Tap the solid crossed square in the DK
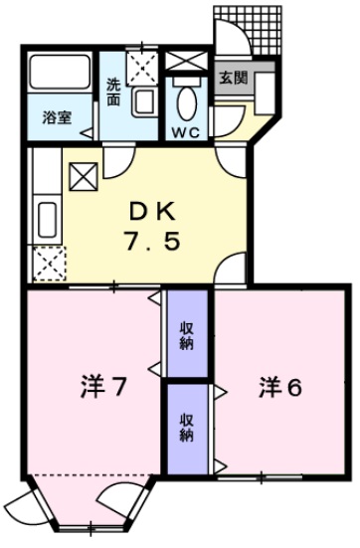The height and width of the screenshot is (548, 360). point(83,177)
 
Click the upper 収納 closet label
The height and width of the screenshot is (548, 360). point(187,335)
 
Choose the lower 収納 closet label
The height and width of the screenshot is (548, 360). point(187,428)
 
